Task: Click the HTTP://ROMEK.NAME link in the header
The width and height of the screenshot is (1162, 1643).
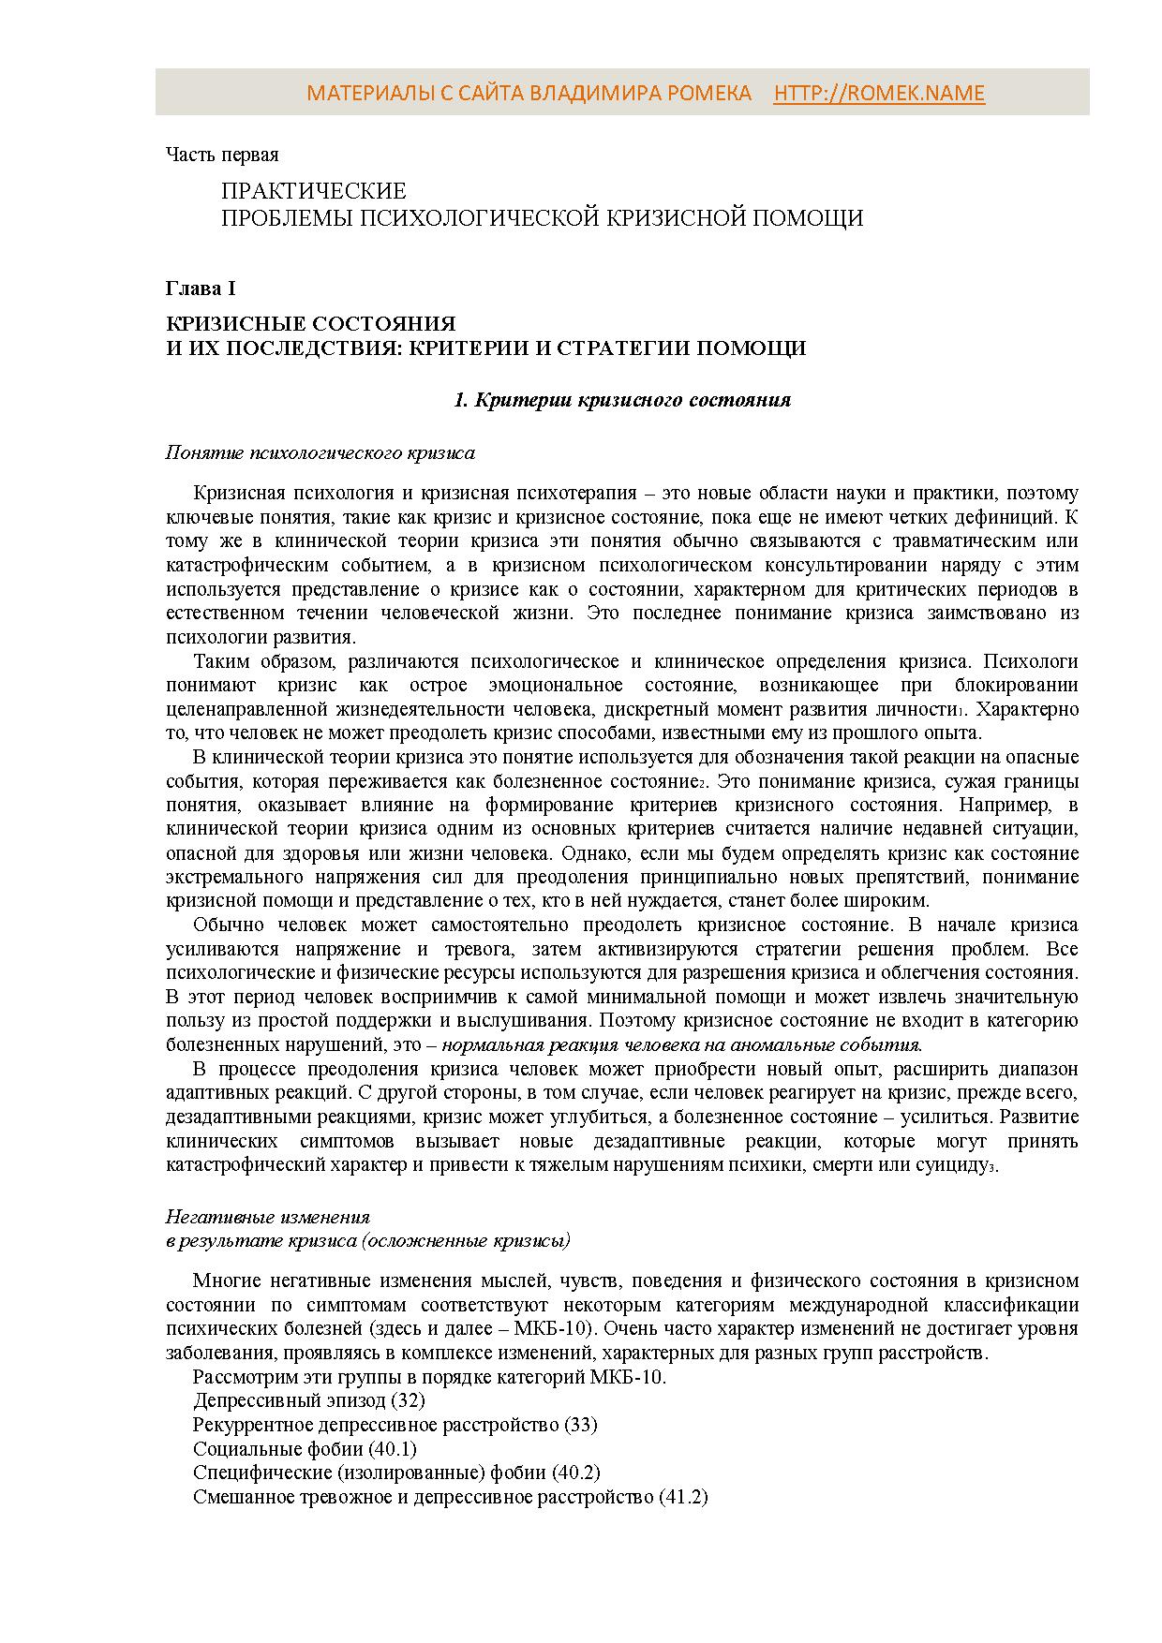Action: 879,93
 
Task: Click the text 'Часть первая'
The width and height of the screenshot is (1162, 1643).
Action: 222,155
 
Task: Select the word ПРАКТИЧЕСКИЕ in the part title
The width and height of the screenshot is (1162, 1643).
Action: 314,191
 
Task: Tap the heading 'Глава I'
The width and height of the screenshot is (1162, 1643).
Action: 201,289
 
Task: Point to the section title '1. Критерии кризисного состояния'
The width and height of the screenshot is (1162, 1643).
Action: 621,400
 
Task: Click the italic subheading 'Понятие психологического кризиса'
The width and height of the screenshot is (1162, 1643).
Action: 320,453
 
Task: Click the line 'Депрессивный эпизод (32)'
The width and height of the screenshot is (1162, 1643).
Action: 308,1400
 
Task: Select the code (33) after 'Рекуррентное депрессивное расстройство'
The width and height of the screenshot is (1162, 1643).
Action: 580,1425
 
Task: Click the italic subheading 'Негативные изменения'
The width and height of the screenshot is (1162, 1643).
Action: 267,1217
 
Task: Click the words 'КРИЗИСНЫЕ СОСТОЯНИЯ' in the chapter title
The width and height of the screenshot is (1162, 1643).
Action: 310,324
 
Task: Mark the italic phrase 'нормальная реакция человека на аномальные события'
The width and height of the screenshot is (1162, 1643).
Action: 682,1044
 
